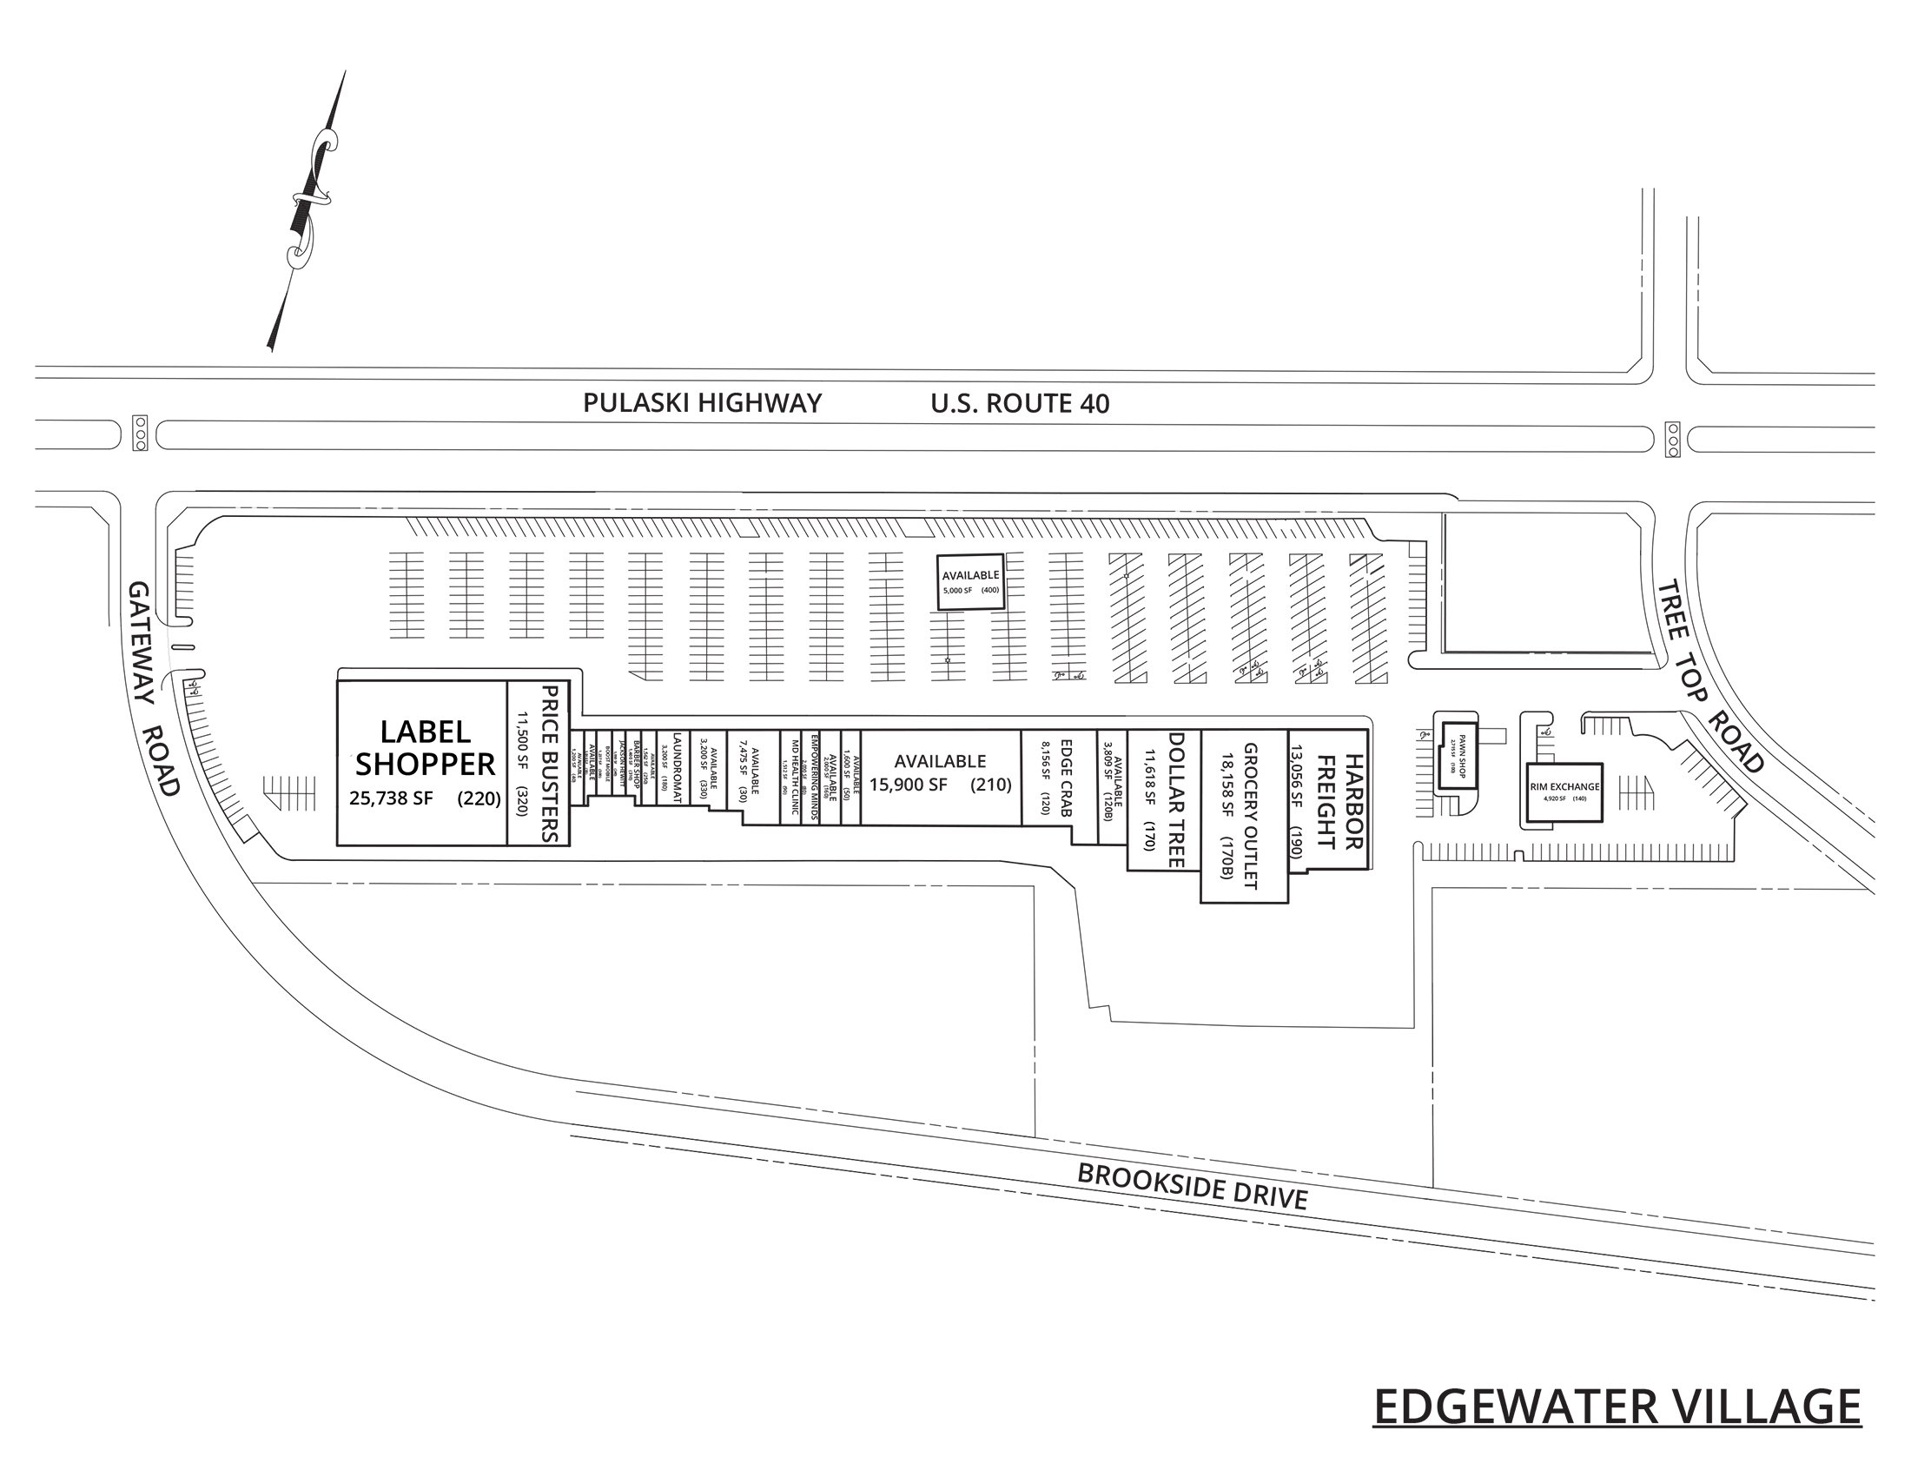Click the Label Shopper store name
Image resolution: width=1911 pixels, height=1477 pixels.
tap(425, 748)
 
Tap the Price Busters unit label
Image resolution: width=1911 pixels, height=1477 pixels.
tap(550, 763)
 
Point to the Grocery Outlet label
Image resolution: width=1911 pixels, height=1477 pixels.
tap(1248, 817)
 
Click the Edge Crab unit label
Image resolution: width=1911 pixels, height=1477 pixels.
tap(1066, 778)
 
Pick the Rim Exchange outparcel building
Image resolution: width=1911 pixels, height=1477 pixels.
tap(1564, 791)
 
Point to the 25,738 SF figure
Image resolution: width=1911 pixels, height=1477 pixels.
tap(391, 798)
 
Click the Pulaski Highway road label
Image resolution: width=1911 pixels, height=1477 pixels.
tap(702, 403)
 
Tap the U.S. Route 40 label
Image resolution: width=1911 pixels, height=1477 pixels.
tap(1020, 403)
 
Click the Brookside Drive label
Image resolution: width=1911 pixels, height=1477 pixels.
tap(1192, 1187)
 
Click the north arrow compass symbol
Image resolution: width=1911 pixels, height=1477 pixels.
tap(308, 210)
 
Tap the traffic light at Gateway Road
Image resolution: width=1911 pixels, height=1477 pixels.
tap(140, 434)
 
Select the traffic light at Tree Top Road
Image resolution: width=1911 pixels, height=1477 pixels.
tap(1673, 440)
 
